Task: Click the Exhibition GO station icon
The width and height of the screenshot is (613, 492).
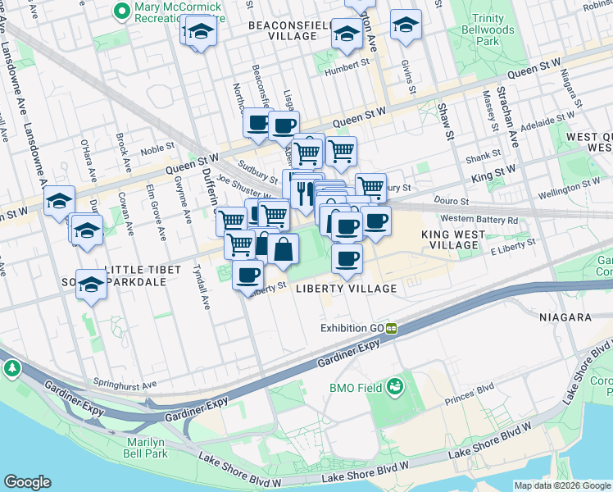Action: coord(392,329)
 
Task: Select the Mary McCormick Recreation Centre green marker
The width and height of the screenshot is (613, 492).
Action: coord(122,11)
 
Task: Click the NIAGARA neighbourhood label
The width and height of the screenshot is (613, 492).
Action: coord(565,317)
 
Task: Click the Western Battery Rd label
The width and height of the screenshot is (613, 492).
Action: coord(479,219)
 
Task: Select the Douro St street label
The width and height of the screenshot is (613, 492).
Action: coord(452,201)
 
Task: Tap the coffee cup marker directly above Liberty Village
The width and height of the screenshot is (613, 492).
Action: coord(347,259)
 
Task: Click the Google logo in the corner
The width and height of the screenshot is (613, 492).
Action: coord(28,482)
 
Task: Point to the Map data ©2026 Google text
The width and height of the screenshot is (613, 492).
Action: coord(562,485)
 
